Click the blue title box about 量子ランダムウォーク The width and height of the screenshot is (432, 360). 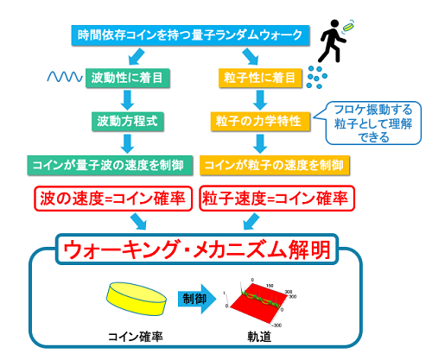coord(190,35)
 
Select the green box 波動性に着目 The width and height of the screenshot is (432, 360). coord(128,78)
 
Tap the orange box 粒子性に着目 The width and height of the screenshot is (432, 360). coord(260,78)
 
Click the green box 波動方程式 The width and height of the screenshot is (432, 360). coord(128,122)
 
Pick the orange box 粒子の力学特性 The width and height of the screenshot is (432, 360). coord(260,122)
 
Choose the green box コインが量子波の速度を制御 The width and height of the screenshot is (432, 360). coord(110,166)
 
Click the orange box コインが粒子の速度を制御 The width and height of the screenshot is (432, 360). coord(275,166)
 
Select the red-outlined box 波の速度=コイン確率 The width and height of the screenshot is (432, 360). coord(113,199)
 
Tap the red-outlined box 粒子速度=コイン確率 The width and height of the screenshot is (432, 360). coord(276,199)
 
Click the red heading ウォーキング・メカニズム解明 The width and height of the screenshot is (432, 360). coord(197,249)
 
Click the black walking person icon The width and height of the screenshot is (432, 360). coord(331,41)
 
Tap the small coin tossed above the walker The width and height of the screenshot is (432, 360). coord(348,27)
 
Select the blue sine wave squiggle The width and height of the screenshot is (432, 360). coord(65,77)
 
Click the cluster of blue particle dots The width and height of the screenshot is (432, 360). coord(317,77)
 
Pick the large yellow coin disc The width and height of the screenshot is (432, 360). coord(137,299)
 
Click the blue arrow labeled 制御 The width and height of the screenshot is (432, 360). coord(197,299)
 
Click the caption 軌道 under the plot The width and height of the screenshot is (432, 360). coord(259,337)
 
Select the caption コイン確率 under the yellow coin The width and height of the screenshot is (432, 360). coord(136,337)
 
